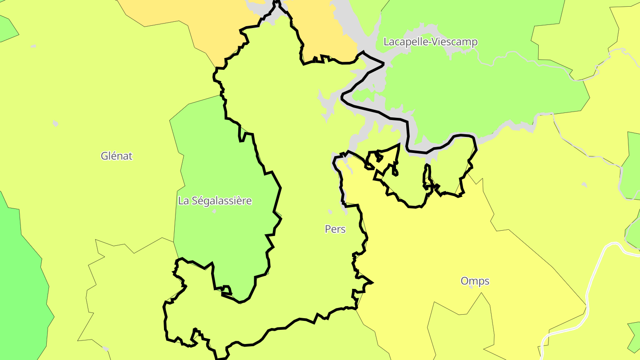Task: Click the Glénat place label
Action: pyautogui.click(x=116, y=156)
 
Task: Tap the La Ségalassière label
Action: pyautogui.click(x=215, y=200)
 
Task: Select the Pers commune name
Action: pyautogui.click(x=335, y=229)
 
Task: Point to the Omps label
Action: pyautogui.click(x=475, y=281)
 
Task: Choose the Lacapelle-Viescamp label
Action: pyautogui.click(x=430, y=42)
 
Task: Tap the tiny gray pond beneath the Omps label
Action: pyautogui.click(x=471, y=287)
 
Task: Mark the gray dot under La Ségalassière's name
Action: pyautogui.click(x=214, y=211)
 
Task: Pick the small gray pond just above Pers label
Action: pyautogui.click(x=330, y=212)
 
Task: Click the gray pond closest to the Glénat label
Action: pyautogui.click(x=55, y=123)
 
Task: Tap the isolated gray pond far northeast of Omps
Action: pyautogui.click(x=584, y=185)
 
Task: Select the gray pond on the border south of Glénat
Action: pyautogui.click(x=105, y=348)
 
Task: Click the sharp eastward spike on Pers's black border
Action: pyautogui.click(x=371, y=282)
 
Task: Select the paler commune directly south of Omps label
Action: pyautogui.click(x=462, y=329)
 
